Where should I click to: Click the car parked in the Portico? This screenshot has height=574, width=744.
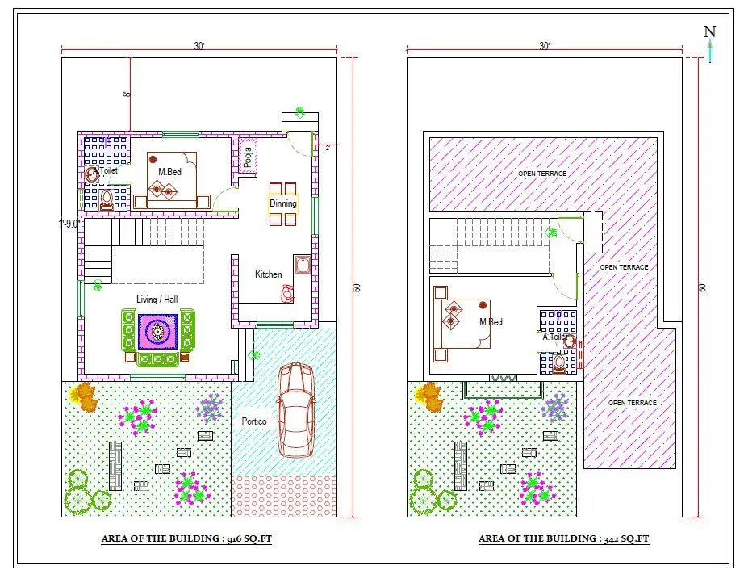[x=296, y=410]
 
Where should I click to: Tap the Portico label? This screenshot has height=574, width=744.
[x=254, y=421]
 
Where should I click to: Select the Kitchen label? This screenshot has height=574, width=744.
[x=269, y=274]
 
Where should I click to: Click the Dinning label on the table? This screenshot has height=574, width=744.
[x=283, y=203]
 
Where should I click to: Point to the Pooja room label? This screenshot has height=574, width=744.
[x=247, y=155]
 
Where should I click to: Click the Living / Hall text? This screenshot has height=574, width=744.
[x=157, y=300]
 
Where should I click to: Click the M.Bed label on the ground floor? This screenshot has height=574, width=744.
[x=170, y=172]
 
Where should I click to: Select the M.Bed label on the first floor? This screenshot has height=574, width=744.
[x=491, y=322]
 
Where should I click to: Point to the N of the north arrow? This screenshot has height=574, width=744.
[x=709, y=32]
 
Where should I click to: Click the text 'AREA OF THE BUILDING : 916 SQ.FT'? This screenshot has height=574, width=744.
[x=186, y=538]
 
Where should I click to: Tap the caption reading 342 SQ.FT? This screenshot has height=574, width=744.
[x=563, y=538]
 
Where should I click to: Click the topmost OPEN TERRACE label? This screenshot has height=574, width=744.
[x=542, y=174]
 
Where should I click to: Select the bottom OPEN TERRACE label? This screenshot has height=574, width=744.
[x=632, y=403]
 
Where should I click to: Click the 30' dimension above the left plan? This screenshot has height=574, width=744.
[x=199, y=47]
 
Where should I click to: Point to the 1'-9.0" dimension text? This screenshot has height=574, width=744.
[x=69, y=224]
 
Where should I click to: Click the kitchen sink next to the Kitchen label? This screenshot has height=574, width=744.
[x=303, y=266]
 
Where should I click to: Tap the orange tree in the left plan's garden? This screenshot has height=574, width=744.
[x=83, y=395]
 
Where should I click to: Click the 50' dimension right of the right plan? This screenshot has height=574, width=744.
[x=702, y=287]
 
